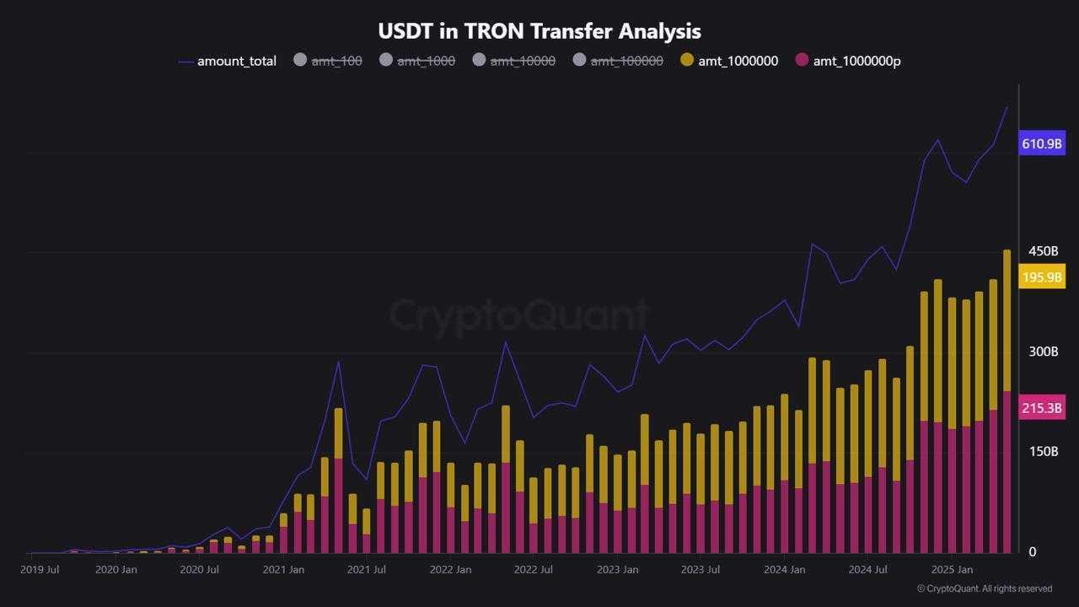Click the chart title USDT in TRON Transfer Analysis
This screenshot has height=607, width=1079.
(x=539, y=31)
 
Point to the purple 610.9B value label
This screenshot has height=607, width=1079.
(x=1042, y=143)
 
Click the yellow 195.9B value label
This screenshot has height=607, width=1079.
(x=1042, y=277)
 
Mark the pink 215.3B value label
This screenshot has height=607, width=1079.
(x=1042, y=408)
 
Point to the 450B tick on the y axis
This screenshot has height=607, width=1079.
(x=1043, y=251)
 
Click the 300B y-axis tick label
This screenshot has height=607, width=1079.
(x=1043, y=352)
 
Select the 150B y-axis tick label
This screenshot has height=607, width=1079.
(x=1043, y=452)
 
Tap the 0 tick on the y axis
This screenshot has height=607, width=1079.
(x=1032, y=552)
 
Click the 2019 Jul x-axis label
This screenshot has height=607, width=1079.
(x=40, y=570)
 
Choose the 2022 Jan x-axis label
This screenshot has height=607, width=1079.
(x=451, y=570)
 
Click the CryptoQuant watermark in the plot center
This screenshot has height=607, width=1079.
(x=518, y=316)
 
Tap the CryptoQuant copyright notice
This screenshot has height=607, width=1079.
(x=985, y=588)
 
